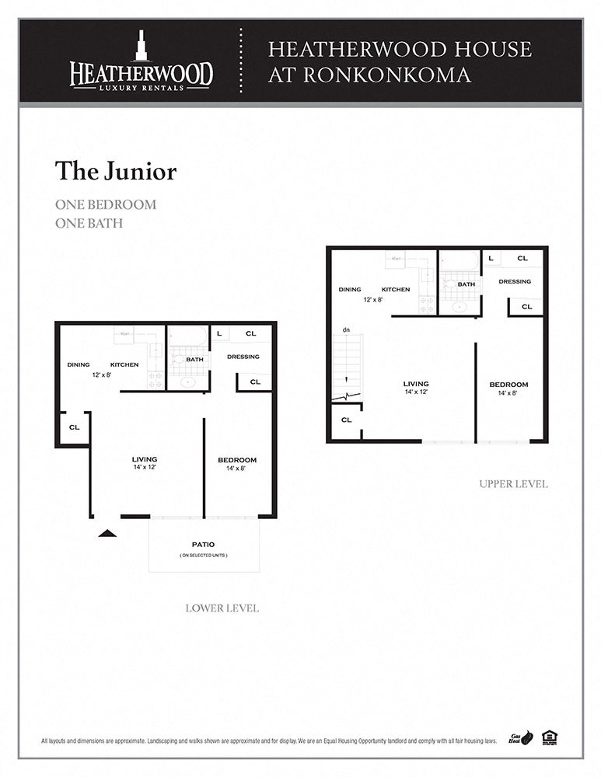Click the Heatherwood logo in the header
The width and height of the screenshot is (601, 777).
pos(141,61)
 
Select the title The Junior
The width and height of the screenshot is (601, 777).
pos(116,171)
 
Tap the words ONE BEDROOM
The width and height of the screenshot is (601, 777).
pos(106,205)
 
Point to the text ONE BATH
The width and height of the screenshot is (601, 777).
pos(89,223)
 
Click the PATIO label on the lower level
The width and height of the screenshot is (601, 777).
pos(204,544)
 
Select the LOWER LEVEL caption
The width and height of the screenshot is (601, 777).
pos(222,608)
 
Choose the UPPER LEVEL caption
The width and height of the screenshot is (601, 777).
pos(513,484)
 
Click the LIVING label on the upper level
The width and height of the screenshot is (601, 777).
pos(416,384)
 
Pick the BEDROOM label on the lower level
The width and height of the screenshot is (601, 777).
pos(237,460)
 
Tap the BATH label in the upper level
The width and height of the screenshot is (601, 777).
pos(466,284)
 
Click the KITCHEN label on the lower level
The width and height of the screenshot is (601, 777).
pos(124,364)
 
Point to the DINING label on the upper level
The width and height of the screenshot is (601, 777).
pos(350,290)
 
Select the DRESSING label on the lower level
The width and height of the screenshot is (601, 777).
pos(243,357)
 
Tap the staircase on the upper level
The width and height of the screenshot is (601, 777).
pos(347,365)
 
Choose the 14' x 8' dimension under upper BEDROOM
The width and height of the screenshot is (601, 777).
pos(508,394)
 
